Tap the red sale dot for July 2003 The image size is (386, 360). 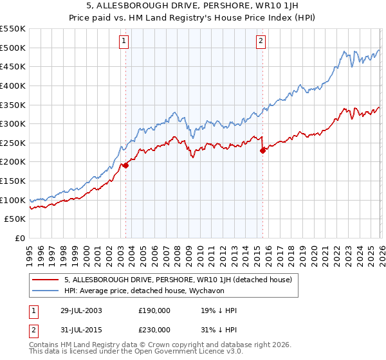(x=126, y=165)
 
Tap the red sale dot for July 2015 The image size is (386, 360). (x=262, y=150)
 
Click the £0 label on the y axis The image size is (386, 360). (x=21, y=238)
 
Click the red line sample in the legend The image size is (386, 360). (x=45, y=280)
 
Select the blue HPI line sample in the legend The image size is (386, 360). (x=45, y=291)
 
